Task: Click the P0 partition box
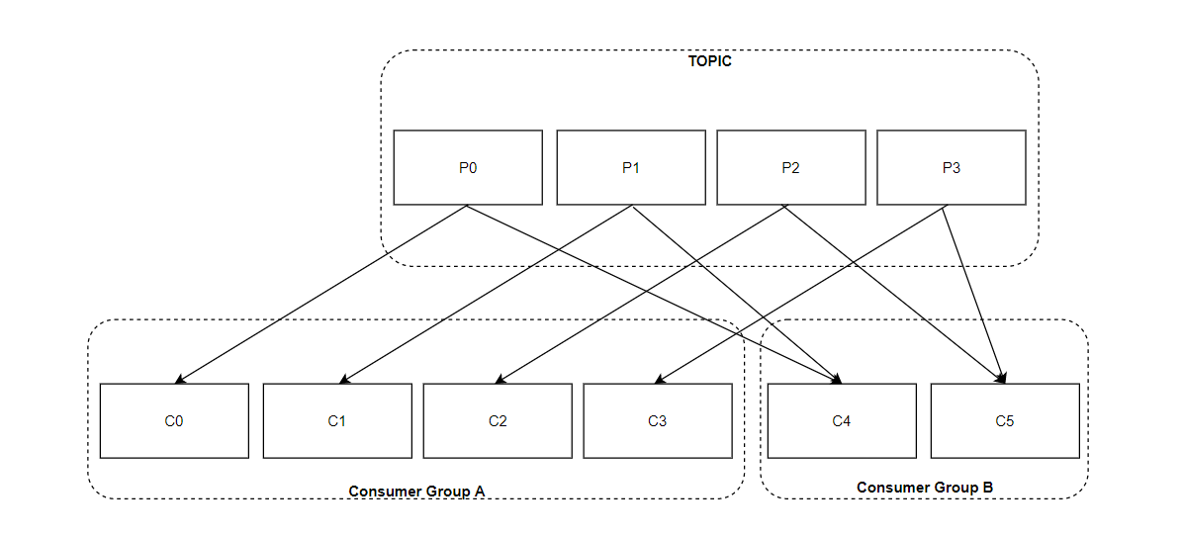coord(468,167)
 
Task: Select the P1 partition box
coord(631,167)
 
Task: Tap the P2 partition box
coord(790,167)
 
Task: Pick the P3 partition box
coord(952,167)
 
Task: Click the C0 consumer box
coord(174,421)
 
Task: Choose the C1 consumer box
coord(337,421)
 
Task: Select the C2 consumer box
coord(498,421)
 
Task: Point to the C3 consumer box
coord(658,421)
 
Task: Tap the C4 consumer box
coord(842,421)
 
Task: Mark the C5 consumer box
coord(1005,421)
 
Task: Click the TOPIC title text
coord(709,61)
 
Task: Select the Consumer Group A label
coord(415,492)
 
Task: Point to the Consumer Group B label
coord(925,488)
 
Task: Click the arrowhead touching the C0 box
coord(180,380)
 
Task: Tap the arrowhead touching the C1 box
coord(343,380)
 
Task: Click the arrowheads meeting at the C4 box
coord(837,379)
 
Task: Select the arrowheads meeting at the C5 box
coord(1001,379)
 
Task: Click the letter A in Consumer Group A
coord(478,492)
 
